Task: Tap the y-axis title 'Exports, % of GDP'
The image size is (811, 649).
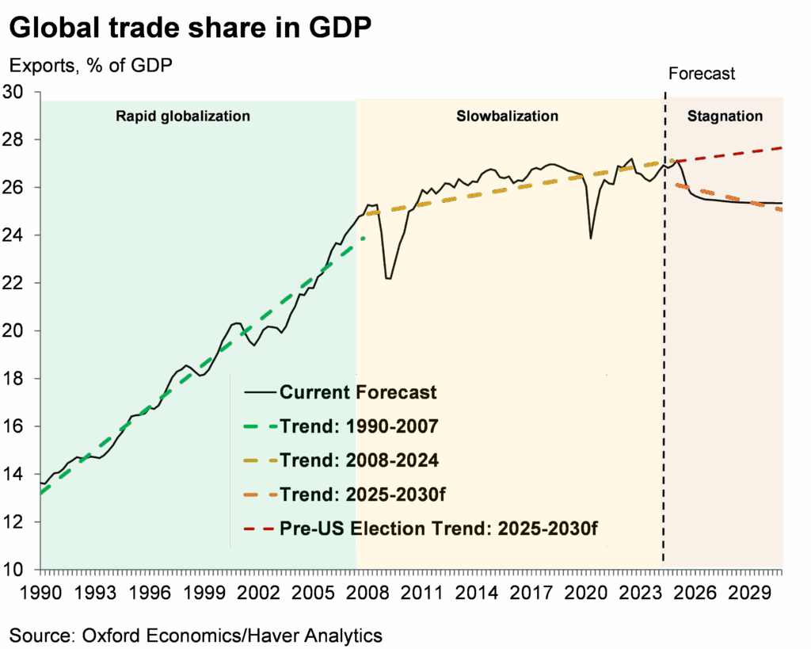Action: tap(91, 66)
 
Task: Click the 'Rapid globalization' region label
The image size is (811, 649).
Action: tap(183, 116)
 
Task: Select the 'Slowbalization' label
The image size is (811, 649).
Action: tap(507, 116)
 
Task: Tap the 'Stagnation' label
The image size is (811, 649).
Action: tap(725, 116)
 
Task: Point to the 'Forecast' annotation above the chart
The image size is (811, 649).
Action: tap(702, 74)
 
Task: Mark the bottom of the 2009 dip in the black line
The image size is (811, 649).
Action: tap(388, 279)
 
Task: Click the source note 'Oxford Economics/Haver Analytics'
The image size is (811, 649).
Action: tap(196, 635)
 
